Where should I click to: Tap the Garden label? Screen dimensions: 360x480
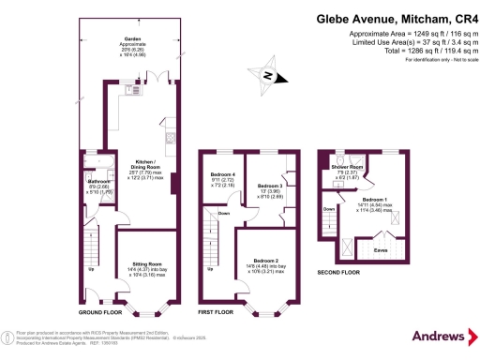(x=119, y=39)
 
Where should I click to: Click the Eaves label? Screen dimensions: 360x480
(x=381, y=250)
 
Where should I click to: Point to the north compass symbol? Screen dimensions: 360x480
(x=268, y=77)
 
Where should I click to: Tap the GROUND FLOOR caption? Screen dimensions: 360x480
(x=102, y=310)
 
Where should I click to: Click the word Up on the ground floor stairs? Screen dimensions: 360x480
(x=91, y=272)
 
